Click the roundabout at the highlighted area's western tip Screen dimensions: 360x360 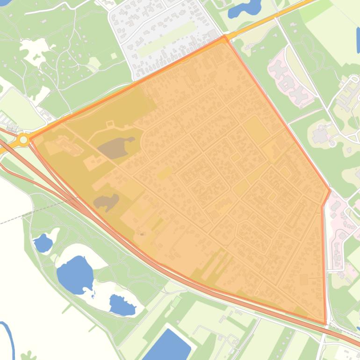pyautogui.click(x=23, y=139)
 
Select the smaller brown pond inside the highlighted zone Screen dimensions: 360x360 pyautogui.click(x=106, y=202)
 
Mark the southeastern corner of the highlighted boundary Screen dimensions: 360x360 pyautogui.click(x=325, y=324)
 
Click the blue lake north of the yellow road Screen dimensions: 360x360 pyautogui.click(x=245, y=8)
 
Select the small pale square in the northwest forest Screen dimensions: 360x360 pyautogui.click(x=114, y=56)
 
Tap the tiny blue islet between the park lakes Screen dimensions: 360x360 pyautogui.click(x=94, y=295)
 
